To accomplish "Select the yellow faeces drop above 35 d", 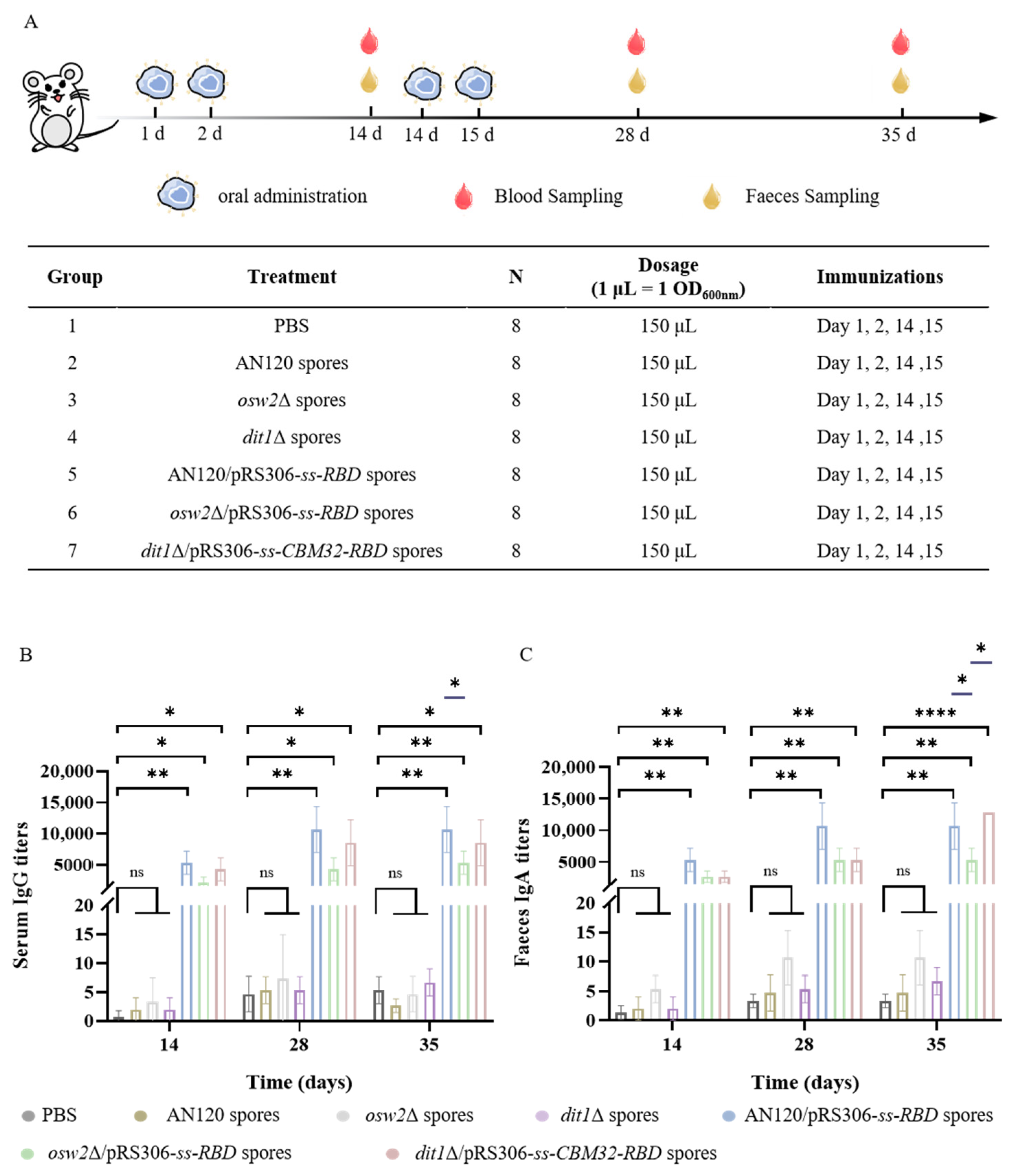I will tap(900, 81).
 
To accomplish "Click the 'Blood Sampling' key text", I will tap(558, 196).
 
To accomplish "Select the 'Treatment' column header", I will tap(292, 276).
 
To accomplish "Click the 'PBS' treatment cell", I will tap(292, 326).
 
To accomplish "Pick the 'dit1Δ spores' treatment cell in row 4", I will tap(292, 437).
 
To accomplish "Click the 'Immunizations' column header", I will tap(879, 276).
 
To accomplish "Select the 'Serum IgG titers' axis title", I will tap(22, 895).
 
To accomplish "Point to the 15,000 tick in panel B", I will tap(67, 803).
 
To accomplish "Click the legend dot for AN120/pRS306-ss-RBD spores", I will tap(729, 1116).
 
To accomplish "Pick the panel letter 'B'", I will tap(26, 655).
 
